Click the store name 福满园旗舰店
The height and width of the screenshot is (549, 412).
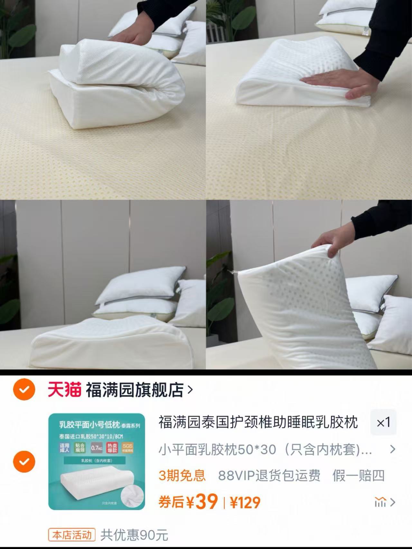135,390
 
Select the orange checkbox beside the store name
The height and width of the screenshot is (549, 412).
24,389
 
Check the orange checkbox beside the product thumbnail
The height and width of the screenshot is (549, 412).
24,461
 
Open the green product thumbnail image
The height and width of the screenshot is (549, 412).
97,461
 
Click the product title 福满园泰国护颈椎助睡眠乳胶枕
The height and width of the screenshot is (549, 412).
258,422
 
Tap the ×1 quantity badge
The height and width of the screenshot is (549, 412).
383,422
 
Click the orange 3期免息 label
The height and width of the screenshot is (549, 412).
182,475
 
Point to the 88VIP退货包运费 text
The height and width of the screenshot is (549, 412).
269,475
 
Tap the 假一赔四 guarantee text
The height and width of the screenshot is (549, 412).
359,475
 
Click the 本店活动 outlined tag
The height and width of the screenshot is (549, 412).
72,535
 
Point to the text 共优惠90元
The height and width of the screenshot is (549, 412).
134,535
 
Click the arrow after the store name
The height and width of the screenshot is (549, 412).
190,390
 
